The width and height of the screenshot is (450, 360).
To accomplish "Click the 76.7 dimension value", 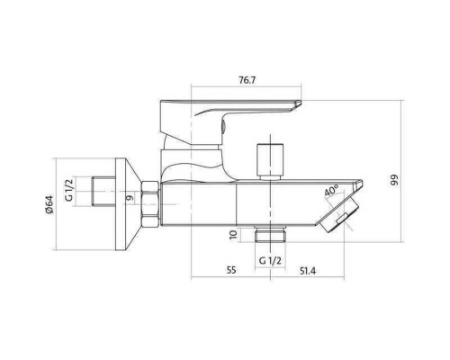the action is (x=247, y=80).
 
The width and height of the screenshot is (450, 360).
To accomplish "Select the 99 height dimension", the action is (x=395, y=180).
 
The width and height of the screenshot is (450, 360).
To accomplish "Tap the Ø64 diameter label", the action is (x=49, y=204).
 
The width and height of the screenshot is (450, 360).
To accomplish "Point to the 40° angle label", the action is (x=331, y=191).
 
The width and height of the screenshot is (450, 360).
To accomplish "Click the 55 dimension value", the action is (x=231, y=270).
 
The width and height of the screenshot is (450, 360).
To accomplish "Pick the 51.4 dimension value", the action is (x=308, y=271).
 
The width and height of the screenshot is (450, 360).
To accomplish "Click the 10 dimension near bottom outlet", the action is (x=233, y=234).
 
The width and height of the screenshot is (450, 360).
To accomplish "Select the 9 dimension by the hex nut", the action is (x=130, y=198).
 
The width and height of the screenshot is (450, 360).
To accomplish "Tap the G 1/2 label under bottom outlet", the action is (x=270, y=261).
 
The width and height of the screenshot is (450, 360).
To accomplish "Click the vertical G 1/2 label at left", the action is (x=69, y=191).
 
